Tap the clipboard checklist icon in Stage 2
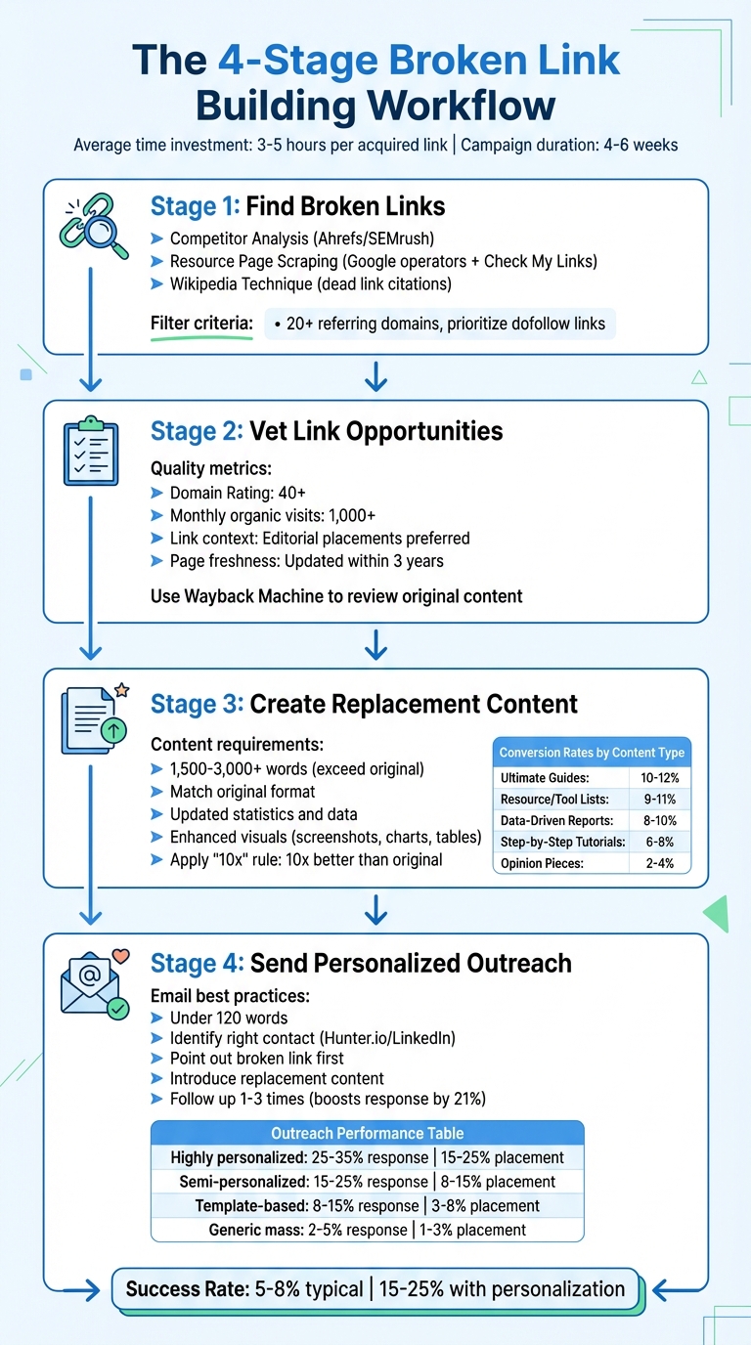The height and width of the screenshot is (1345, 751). point(90,453)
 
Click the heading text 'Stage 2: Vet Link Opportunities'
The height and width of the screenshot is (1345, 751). point(327,431)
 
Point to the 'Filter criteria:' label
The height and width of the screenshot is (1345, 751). point(201,324)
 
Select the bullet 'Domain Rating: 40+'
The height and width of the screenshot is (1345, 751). point(238,494)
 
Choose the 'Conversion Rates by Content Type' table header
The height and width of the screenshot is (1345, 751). point(592,753)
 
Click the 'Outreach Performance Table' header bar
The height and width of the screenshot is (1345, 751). point(367,1134)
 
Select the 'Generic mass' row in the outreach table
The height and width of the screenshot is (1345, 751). point(367,1230)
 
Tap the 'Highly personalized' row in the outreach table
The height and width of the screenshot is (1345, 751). point(367,1157)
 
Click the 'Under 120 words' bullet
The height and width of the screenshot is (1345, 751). point(229,1018)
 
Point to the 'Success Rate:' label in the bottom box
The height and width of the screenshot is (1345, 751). point(187,1289)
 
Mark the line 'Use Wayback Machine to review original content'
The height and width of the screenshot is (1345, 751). point(336,595)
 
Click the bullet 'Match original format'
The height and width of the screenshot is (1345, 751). point(243,792)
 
